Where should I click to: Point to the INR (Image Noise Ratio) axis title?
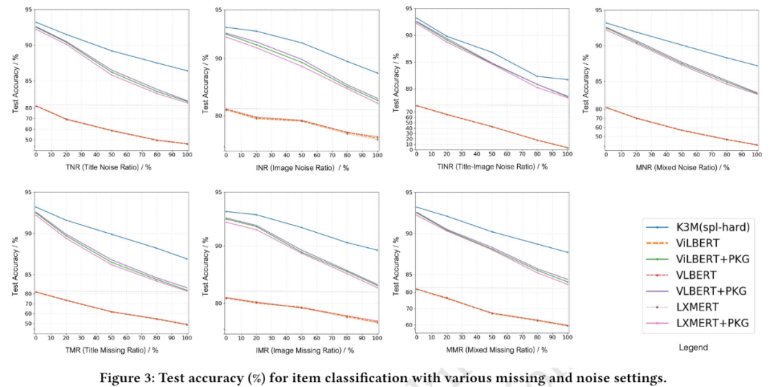(x=303, y=167)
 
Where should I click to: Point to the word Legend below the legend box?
(x=693, y=347)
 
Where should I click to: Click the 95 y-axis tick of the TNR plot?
(x=27, y=10)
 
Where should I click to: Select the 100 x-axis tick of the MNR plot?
(x=756, y=154)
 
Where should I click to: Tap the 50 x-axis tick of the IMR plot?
(x=302, y=337)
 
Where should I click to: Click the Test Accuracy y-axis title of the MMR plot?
(x=396, y=263)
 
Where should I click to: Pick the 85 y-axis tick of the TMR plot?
(x=27, y=275)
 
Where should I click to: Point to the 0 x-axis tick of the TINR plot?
(x=416, y=154)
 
